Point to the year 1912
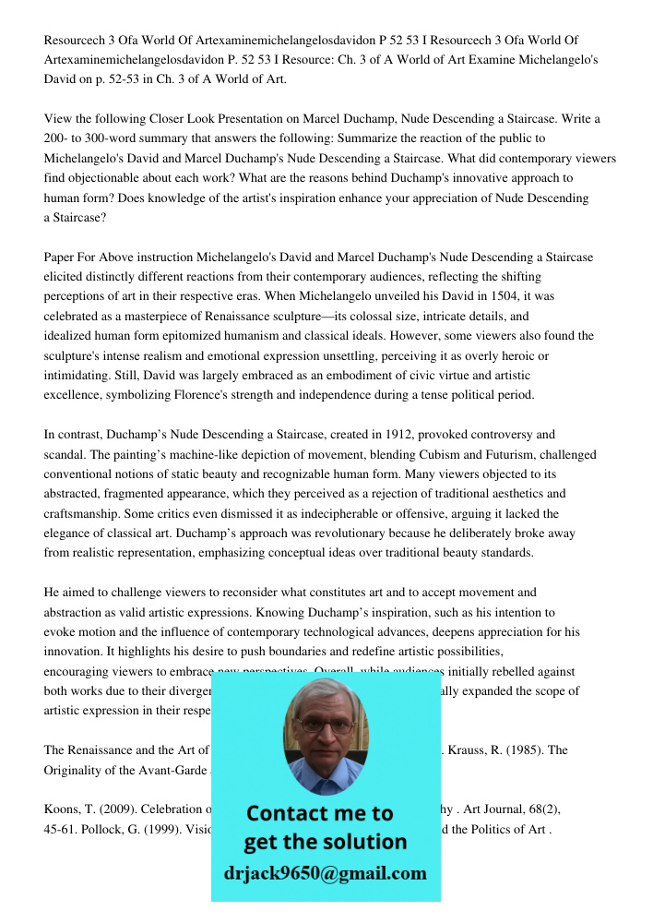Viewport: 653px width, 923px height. coord(367,434)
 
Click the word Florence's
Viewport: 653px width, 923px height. coord(302,395)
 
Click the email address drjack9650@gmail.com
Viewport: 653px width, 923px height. coord(326,873)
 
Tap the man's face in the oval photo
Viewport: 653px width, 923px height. coord(325,729)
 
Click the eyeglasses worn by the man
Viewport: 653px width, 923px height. coord(325,724)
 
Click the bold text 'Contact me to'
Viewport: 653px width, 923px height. coord(320,813)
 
